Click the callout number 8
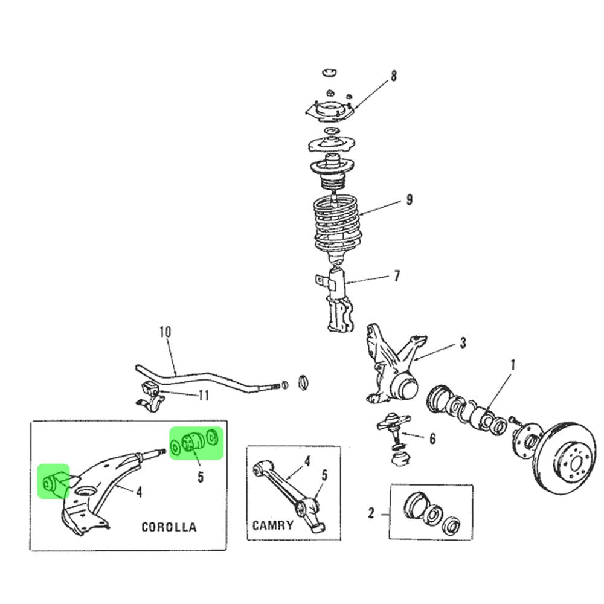(394, 76)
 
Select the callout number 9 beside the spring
(409, 199)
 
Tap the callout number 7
(396, 277)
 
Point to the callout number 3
(462, 343)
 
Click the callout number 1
(513, 365)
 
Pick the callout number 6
(432, 439)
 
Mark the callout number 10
(165, 332)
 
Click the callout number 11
(204, 396)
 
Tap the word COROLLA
(169, 527)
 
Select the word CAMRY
(273, 524)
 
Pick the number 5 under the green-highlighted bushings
(200, 477)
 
